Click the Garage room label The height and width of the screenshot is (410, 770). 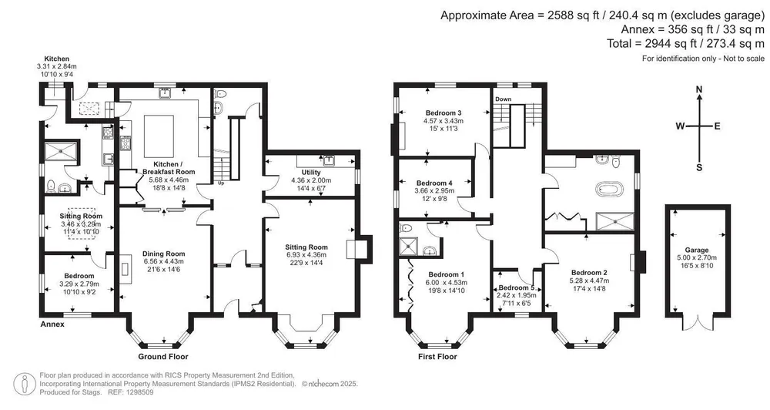(x=697, y=250)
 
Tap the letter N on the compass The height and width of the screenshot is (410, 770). (x=699, y=89)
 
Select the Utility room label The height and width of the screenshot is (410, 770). (x=311, y=172)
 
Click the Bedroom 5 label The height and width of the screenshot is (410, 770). (x=516, y=287)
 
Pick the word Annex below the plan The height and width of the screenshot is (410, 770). (x=52, y=324)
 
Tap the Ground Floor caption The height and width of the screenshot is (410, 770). (x=163, y=356)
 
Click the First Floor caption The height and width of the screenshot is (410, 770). (x=437, y=356)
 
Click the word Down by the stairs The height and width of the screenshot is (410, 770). (x=504, y=99)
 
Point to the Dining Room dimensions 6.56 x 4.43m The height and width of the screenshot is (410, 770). (x=164, y=261)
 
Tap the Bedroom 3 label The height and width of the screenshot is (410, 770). (x=444, y=113)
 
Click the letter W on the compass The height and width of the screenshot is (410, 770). (x=680, y=126)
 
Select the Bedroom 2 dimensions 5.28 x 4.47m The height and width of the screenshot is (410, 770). (x=589, y=281)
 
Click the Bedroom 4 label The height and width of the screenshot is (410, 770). (x=434, y=183)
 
